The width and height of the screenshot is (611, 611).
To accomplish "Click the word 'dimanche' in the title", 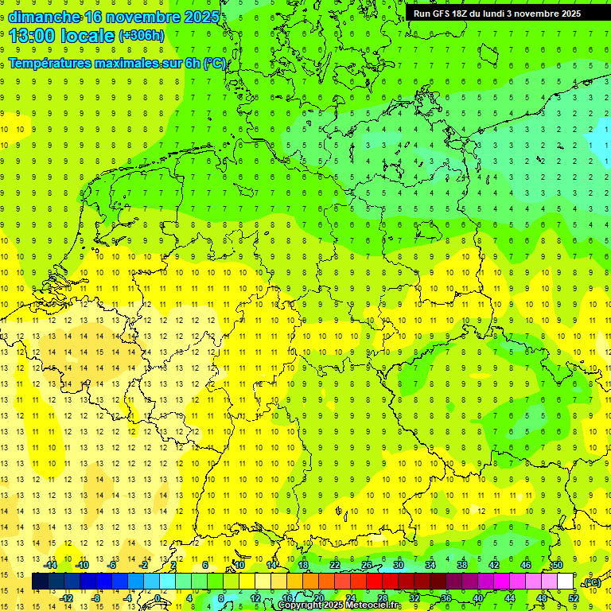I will click(43, 18).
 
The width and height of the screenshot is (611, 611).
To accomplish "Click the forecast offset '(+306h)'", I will click(142, 36).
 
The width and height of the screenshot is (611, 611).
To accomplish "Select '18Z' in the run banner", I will click(465, 14).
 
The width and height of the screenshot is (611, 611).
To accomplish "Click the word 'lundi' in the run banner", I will click(504, 14).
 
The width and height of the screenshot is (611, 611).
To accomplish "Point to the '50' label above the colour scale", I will click(558, 565).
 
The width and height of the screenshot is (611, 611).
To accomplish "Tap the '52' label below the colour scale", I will click(573, 598).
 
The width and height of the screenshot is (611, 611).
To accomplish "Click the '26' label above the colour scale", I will click(367, 565).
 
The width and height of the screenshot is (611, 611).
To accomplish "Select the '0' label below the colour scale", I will click(158, 598).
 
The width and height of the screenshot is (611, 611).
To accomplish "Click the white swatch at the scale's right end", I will click(566, 582).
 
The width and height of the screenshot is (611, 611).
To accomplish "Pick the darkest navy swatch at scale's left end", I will click(40, 582).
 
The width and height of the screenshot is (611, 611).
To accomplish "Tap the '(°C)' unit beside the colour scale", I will click(592, 582).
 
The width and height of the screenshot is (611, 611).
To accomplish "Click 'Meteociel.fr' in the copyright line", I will click(372, 605).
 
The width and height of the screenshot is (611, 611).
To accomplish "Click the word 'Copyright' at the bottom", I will click(300, 605).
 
